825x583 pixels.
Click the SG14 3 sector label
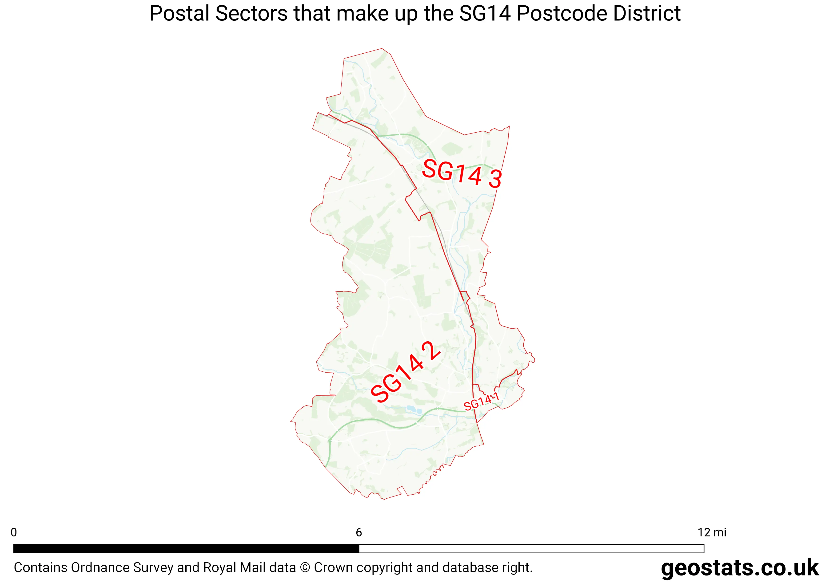click(462, 174)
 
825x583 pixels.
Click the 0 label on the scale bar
click(14, 532)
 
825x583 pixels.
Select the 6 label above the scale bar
click(359, 532)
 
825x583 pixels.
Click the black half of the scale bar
click(186, 548)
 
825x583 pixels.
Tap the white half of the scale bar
click(531, 548)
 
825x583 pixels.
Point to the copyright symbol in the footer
click(305, 567)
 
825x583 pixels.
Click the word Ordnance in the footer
click(101, 567)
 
